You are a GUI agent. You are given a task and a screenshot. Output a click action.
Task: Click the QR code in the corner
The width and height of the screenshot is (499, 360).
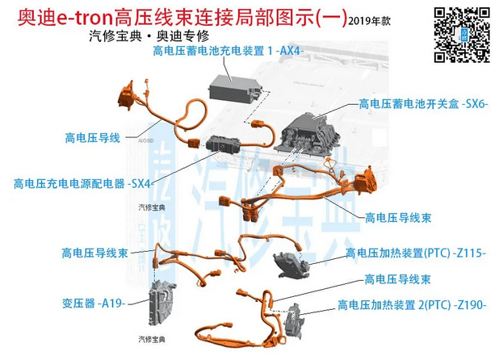pos(461,33)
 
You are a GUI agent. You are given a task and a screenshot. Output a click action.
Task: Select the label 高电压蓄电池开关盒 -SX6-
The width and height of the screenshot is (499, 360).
pos(425,105)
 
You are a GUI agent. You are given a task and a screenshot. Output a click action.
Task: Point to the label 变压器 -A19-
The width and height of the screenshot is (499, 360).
pos(93,303)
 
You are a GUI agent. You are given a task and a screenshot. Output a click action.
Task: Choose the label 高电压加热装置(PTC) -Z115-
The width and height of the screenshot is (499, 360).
pos(415,253)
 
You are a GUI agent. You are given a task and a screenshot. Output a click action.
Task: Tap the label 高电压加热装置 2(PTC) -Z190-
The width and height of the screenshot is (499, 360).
pos(412,304)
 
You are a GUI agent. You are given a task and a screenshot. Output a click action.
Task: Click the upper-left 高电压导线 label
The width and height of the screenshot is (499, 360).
pos(92,138)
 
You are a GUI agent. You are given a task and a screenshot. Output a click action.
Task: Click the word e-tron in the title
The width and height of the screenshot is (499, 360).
pos(87,16)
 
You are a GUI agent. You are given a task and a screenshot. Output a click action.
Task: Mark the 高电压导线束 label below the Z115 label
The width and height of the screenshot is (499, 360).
pos(397,279)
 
